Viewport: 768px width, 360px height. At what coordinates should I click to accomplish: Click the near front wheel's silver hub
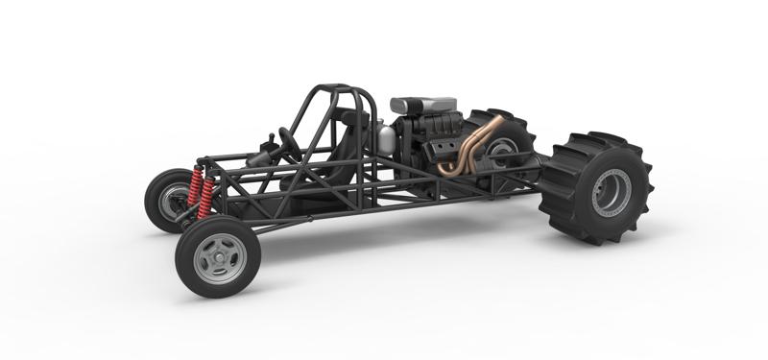(220, 257)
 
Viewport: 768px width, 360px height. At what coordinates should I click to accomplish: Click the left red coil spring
(196, 189)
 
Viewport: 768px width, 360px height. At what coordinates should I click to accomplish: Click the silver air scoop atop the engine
(422, 105)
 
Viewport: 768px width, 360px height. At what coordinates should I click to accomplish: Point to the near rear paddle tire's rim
(612, 193)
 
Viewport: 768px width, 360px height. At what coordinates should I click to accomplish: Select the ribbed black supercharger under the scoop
(422, 127)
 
